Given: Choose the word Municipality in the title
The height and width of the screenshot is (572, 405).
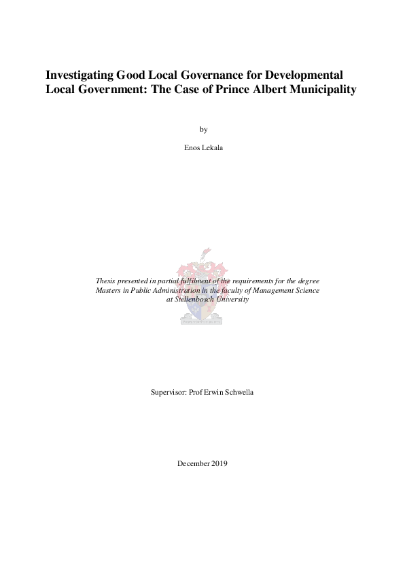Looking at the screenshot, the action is [323, 89].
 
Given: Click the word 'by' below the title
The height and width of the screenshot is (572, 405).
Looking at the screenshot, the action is [202, 129].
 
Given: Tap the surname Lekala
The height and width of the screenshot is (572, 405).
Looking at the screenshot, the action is [213, 147].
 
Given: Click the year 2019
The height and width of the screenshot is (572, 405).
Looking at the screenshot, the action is [219, 463].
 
